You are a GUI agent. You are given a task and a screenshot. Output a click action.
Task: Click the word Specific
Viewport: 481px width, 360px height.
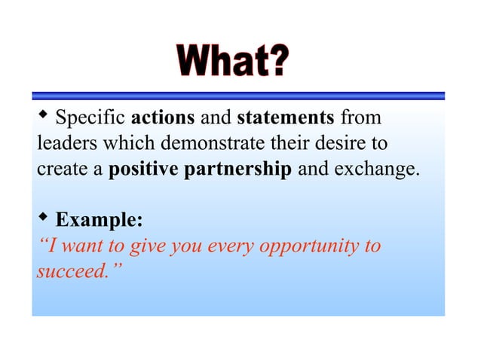pyautogui.click(x=91, y=118)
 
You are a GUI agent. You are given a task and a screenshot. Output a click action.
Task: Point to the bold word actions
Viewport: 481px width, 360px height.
pyautogui.click(x=163, y=118)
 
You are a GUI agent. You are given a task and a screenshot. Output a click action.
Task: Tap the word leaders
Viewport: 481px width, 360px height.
pyautogui.click(x=63, y=143)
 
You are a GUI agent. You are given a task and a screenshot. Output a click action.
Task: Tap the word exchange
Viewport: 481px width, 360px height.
pyautogui.click(x=373, y=169)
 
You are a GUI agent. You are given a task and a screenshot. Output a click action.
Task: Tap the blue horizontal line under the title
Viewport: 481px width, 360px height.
pyautogui.click(x=238, y=96)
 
